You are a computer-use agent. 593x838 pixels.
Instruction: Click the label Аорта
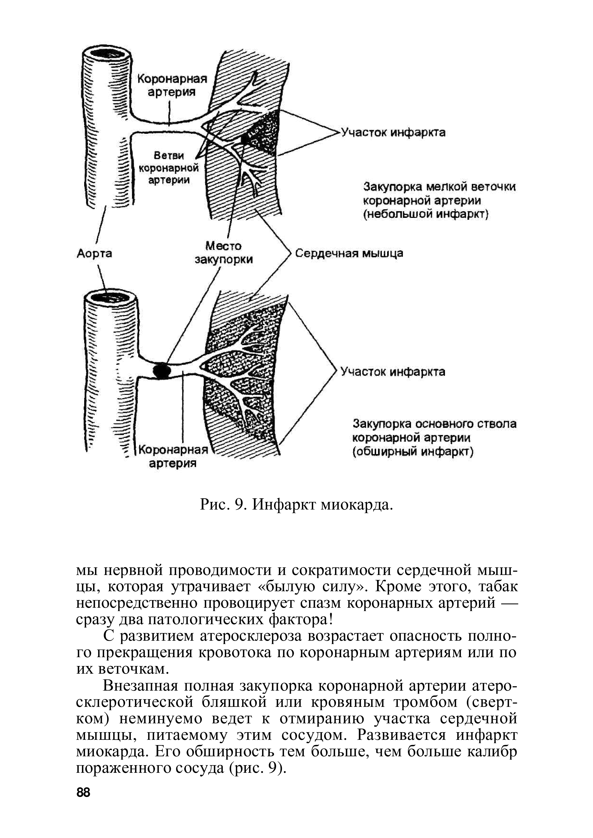94,253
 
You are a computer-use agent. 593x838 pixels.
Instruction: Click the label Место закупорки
223,252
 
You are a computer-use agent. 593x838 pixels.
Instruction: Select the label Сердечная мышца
349,253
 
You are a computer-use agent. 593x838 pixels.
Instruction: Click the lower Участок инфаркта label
393,372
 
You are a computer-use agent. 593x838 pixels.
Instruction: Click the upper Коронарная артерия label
172,85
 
